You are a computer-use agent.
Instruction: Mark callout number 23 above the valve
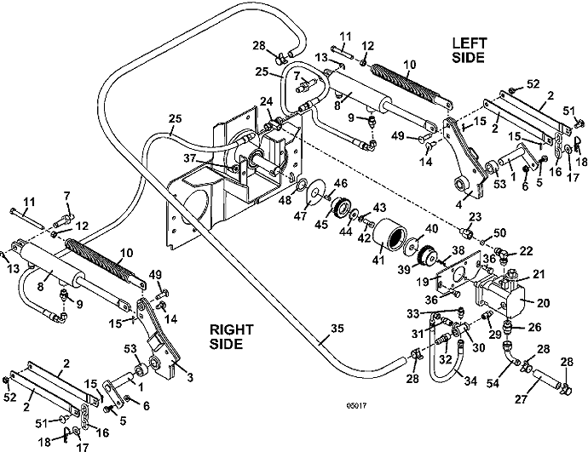click(475, 217)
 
